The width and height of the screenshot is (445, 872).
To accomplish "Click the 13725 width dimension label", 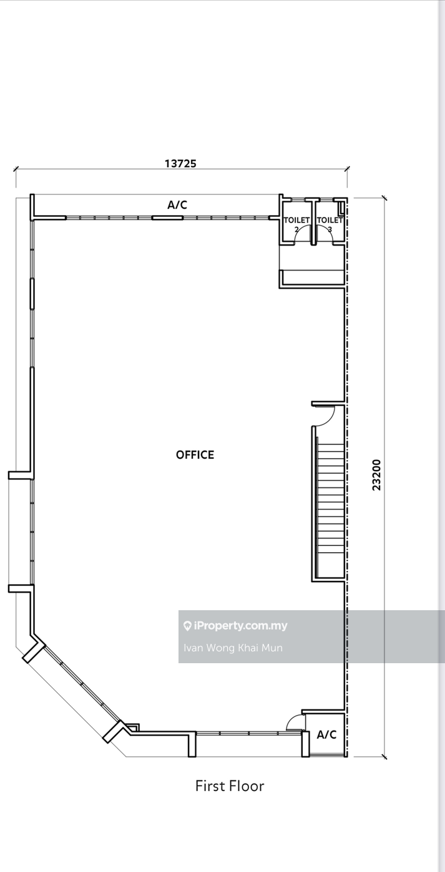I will pos(180,163).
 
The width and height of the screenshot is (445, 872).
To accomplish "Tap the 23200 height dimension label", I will pos(376,475).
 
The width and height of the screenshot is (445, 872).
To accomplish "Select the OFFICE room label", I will pos(195,455).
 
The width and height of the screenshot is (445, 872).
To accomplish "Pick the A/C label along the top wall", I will pos(177,204).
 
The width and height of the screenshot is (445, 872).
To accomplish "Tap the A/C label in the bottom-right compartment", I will pos(326,735).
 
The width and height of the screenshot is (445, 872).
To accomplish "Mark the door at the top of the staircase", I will pos(325,416).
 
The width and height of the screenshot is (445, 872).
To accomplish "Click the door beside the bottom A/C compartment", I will pos(293,723).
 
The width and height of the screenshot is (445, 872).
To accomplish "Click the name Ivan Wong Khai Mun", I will pos(233,648).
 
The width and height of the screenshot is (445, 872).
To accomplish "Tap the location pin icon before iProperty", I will pos(187,626).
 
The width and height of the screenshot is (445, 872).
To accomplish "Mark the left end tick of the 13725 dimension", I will pos(16,168).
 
